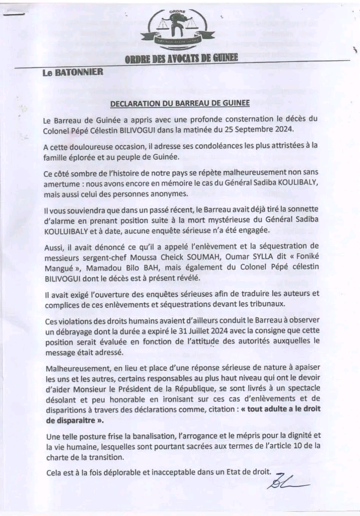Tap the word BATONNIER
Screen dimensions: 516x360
[x=79, y=72]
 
